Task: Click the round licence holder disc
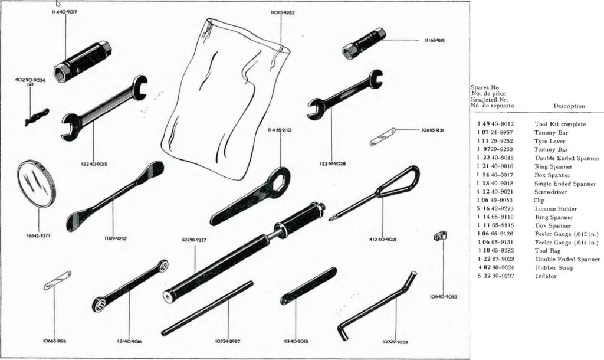point(37,185)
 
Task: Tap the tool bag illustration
point(225,99)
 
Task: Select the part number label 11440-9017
point(64,12)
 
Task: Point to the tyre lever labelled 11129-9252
point(115,196)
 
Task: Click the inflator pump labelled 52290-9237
point(244,253)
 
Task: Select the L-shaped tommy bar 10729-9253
point(377,305)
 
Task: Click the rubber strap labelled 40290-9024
point(37,117)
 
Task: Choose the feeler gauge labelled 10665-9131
point(382,137)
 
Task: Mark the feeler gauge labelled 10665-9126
point(57,280)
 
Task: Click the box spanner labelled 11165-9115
point(364,43)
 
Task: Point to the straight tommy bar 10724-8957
point(207,308)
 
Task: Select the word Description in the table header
point(569,106)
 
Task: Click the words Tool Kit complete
point(560,124)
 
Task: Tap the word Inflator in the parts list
point(546,276)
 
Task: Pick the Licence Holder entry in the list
point(556,209)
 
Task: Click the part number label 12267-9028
point(333,163)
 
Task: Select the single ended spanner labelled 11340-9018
point(308,286)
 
